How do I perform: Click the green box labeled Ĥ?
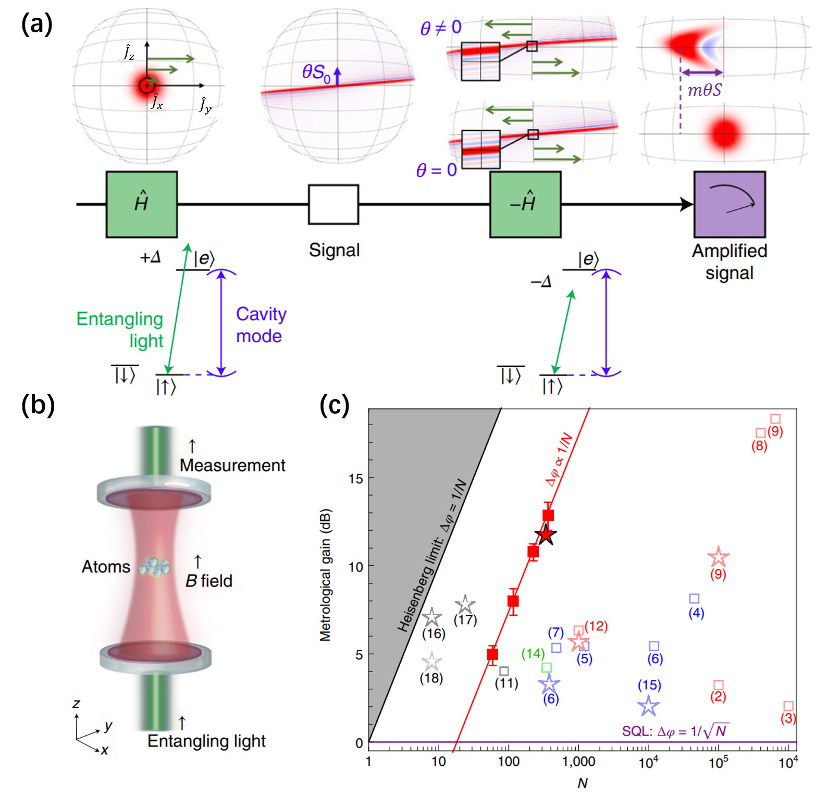coord(142,204)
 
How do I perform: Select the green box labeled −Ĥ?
coord(525,204)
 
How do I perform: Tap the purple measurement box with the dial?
coord(730,204)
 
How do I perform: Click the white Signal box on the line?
coord(333,204)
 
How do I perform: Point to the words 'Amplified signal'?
coord(730,262)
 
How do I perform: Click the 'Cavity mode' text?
coord(261,325)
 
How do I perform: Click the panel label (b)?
coord(38,405)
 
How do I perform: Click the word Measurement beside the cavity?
coord(232,465)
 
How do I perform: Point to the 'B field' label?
coord(209,580)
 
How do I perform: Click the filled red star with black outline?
coord(546,535)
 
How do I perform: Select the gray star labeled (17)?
coord(465,605)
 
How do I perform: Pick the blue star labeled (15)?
coord(649,706)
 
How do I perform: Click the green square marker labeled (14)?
coord(547,667)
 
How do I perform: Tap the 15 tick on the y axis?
coord(356,478)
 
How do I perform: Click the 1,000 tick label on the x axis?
coord(578,762)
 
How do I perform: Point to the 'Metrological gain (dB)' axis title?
coord(326,575)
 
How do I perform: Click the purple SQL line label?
coord(675,731)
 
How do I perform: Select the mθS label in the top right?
coord(704,90)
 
